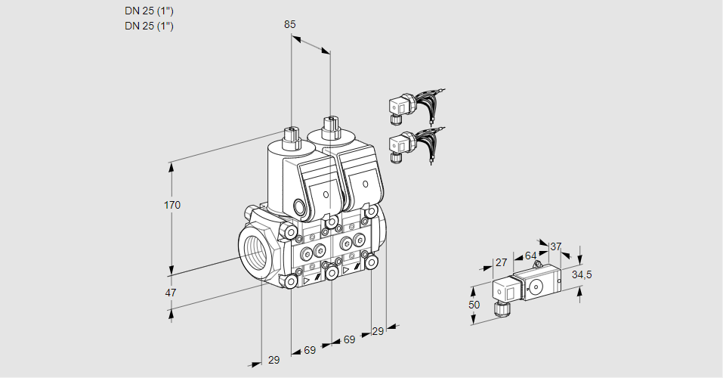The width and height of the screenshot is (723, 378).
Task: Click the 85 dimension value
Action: [x=289, y=24]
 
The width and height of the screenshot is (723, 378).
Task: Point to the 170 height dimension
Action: [x=173, y=205]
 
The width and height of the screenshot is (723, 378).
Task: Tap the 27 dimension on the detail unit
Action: [x=499, y=263]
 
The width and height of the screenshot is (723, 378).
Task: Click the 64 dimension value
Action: [x=530, y=256]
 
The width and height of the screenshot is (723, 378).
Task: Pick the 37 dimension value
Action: [x=556, y=246]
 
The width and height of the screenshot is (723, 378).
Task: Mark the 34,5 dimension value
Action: [x=582, y=274]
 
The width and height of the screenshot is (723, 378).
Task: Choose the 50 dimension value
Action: [x=474, y=305]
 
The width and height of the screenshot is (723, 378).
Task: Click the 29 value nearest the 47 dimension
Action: [x=273, y=360]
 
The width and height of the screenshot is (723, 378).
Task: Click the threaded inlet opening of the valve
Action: [x=255, y=252]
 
